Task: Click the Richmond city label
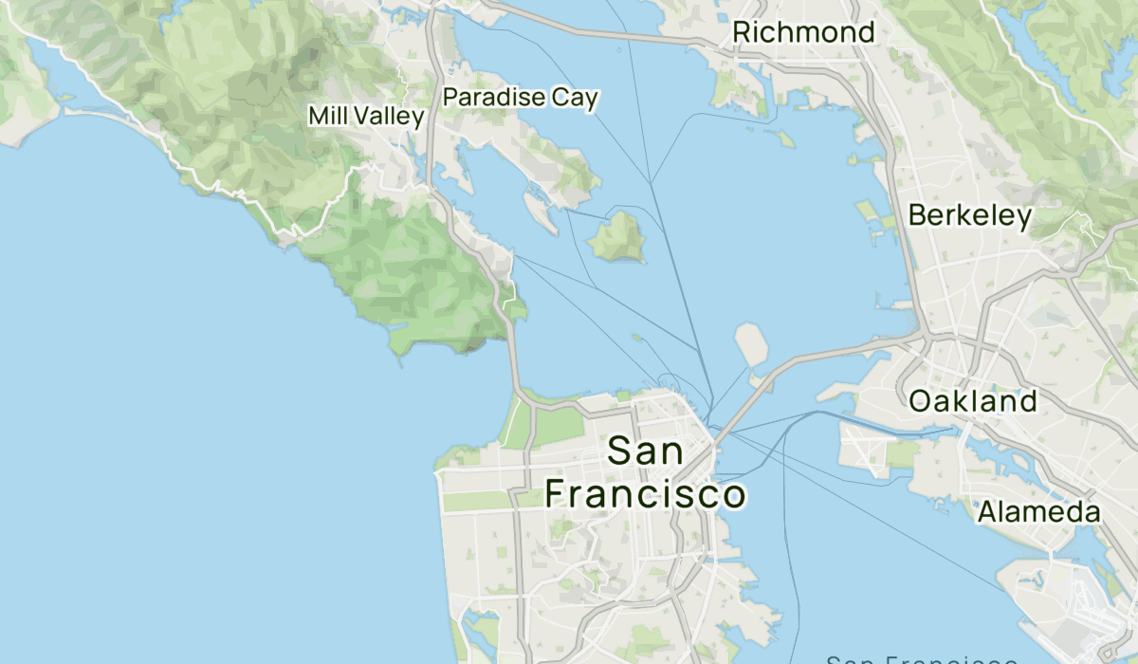[x=803, y=33]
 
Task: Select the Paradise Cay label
[x=521, y=98]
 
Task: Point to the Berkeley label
[x=969, y=216]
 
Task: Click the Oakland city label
[x=972, y=401]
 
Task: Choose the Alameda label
[x=1038, y=513]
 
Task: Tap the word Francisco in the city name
[x=645, y=494]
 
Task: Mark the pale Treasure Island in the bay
[x=750, y=343]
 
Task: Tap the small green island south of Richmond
[x=784, y=139]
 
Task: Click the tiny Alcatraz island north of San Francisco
[x=636, y=337]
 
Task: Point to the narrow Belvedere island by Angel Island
[x=541, y=212]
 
